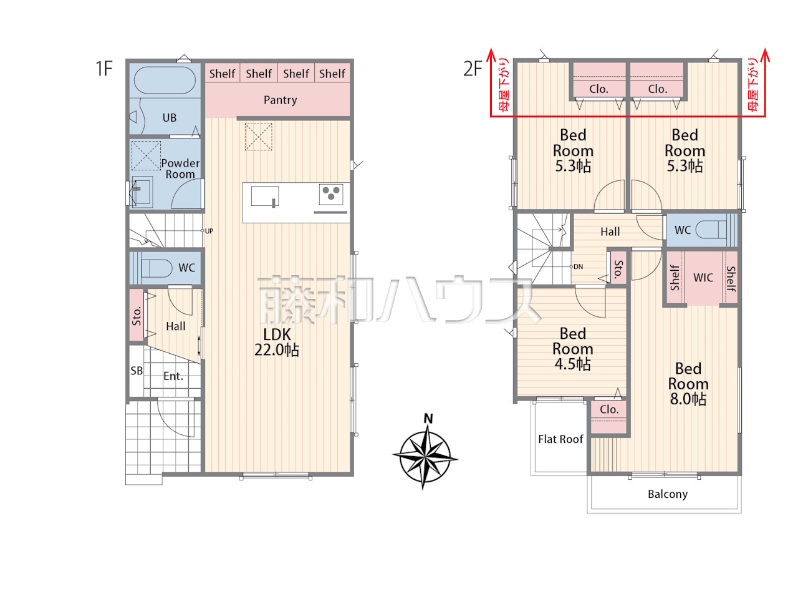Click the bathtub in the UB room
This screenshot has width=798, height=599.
point(165,80)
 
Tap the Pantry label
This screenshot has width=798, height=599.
point(280,100)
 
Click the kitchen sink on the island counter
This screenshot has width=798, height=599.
point(265,197)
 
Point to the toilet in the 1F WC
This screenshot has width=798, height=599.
point(156,268)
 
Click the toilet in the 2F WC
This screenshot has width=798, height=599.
point(711,230)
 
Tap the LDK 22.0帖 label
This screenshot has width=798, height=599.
point(277,342)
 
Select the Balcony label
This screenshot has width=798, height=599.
point(668,494)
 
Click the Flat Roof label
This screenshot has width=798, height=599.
point(560,439)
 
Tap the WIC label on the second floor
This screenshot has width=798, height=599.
point(703,278)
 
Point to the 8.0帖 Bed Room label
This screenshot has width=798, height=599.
point(688,384)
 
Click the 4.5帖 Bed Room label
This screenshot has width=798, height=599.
point(572,349)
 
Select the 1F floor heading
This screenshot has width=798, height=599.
point(104,69)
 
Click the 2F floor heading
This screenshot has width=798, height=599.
point(473,69)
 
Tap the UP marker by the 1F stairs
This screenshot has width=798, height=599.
point(209,231)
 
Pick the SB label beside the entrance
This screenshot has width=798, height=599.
point(137,371)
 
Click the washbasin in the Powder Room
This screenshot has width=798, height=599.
point(142,192)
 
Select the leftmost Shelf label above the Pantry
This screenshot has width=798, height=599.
point(222,74)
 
